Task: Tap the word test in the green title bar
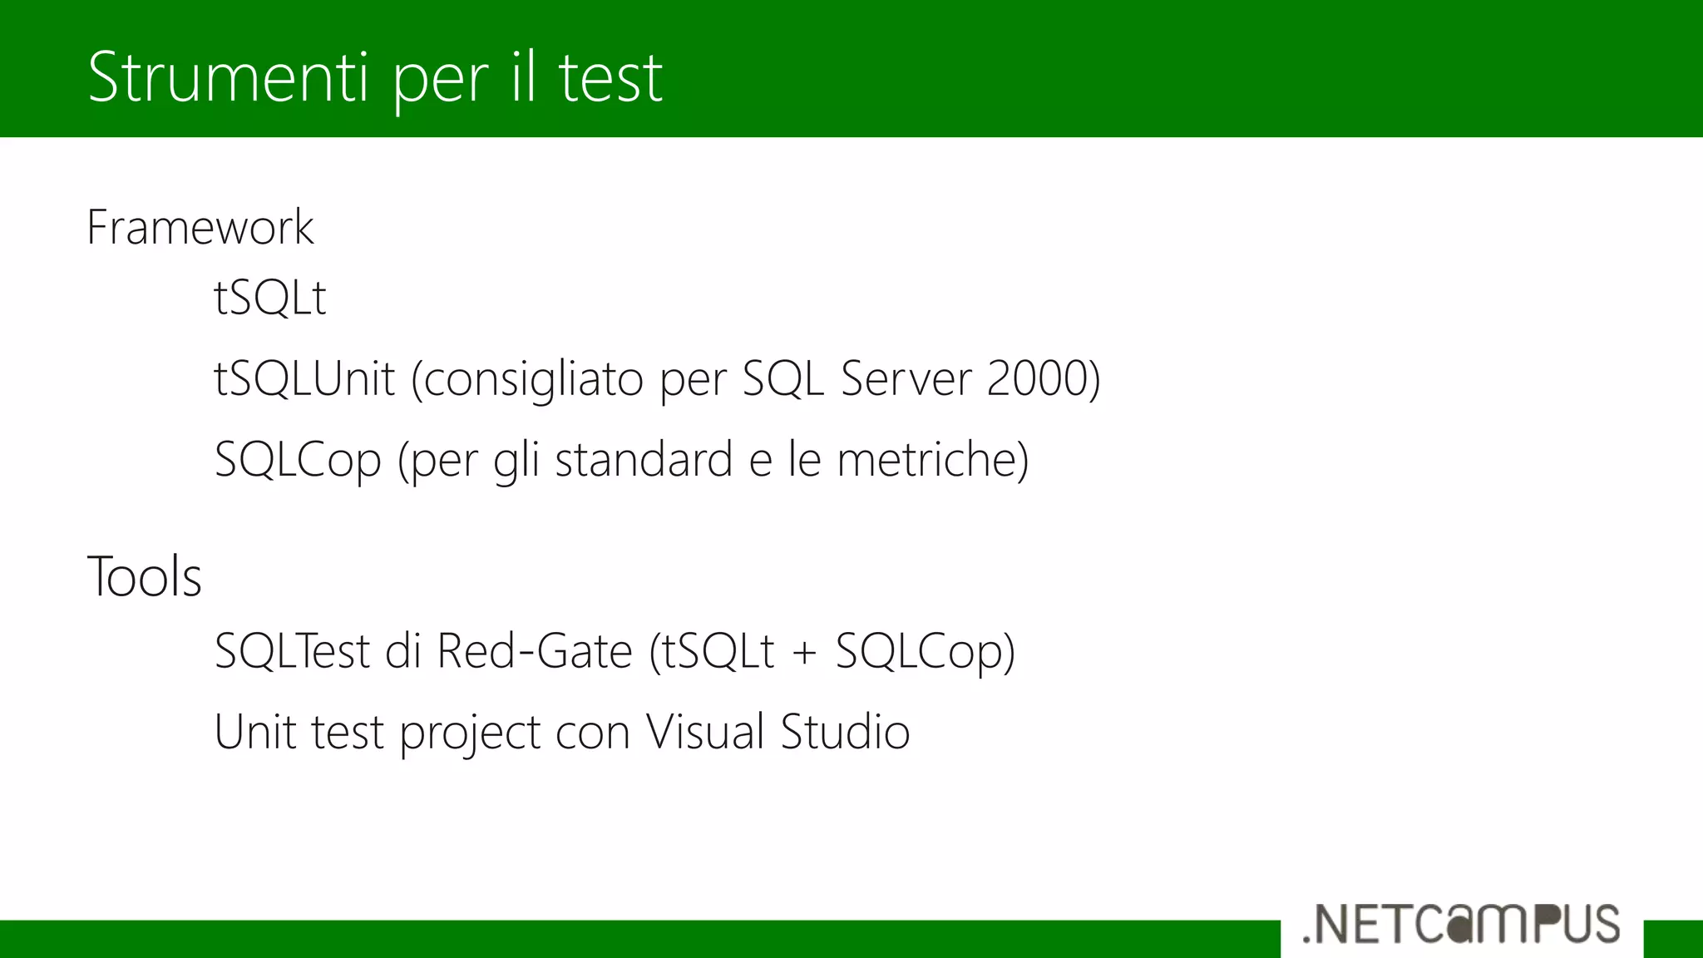610,77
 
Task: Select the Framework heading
200,227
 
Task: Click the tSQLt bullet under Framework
270,297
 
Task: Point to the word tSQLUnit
304,378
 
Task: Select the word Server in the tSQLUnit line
906,378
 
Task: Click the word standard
643,459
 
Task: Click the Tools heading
145,576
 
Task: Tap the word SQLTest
292,650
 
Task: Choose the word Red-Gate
535,650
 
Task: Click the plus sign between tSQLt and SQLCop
804,652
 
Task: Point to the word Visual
705,732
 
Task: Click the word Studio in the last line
845,732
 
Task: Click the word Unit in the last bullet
254,732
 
